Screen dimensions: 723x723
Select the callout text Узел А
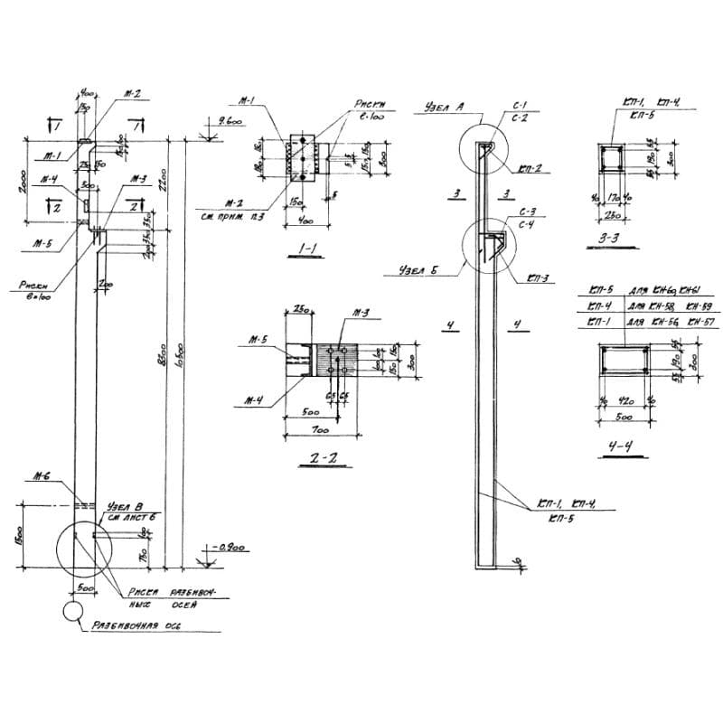point(443,108)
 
